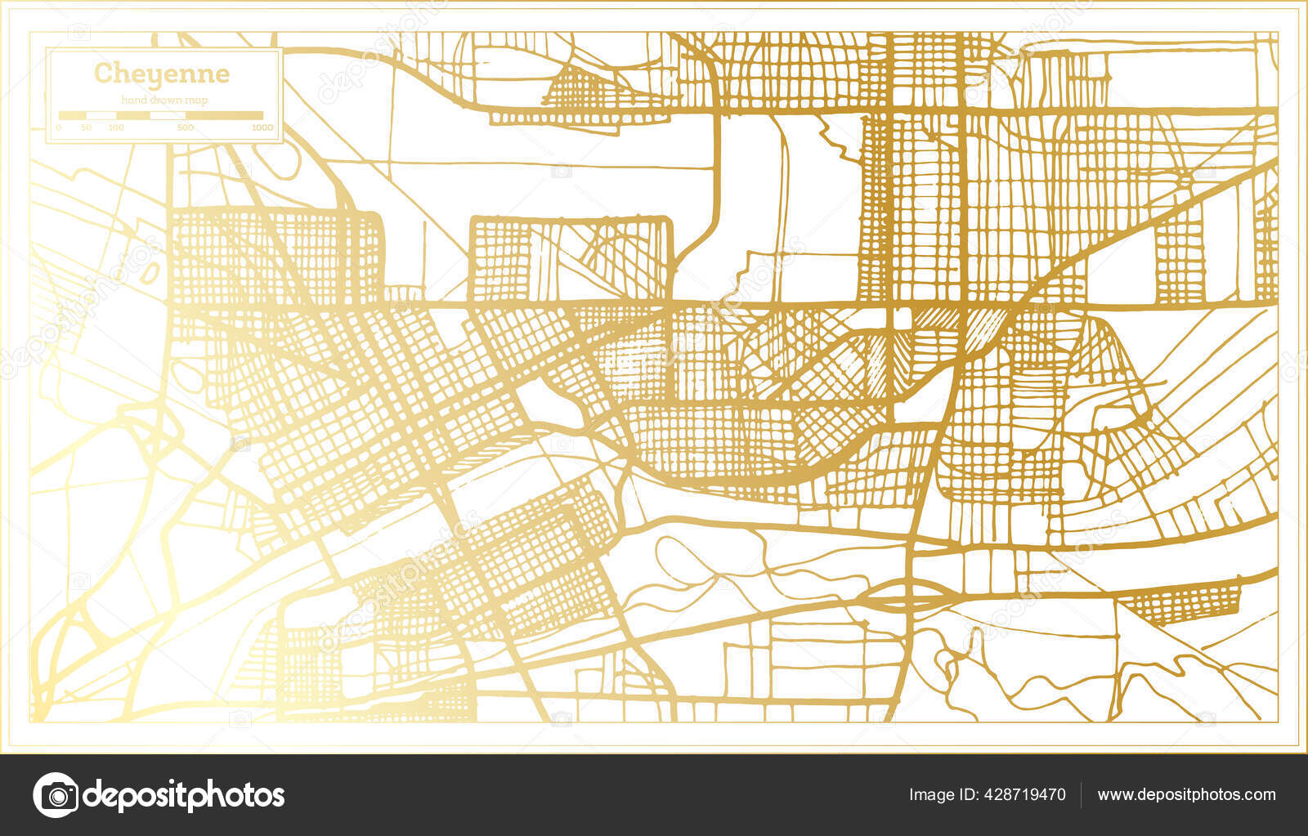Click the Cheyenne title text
click(x=162, y=74)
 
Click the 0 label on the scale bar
click(x=58, y=127)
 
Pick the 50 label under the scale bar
click(x=86, y=127)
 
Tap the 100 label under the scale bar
click(x=116, y=127)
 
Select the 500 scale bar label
click(x=186, y=127)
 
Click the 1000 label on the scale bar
click(x=262, y=127)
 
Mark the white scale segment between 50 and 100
click(x=101, y=115)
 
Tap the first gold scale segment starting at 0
click(x=72, y=115)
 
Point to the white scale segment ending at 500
click(x=168, y=115)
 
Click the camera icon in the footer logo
click(x=56, y=794)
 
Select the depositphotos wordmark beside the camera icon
click(x=185, y=794)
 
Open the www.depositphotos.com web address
click(x=1186, y=794)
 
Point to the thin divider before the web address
click(x=1082, y=794)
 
